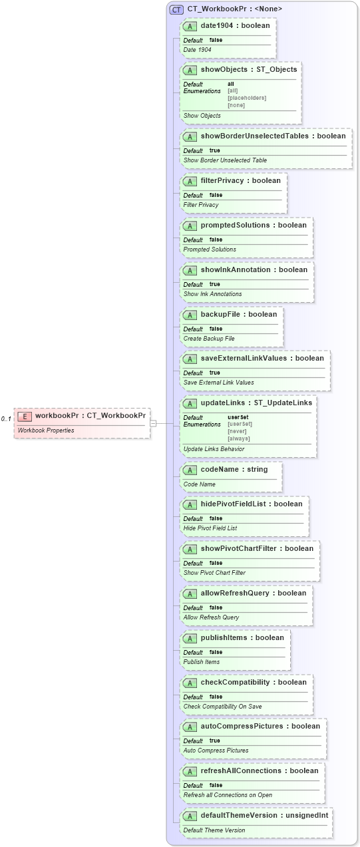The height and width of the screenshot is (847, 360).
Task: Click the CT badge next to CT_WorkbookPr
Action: coord(176,9)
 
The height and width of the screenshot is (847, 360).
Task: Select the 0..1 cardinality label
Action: coord(6,419)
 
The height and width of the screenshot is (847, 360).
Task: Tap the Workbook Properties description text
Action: coord(46,430)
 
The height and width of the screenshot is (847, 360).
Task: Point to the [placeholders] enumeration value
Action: coord(246,98)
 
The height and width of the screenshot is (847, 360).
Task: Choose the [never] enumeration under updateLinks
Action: coord(237,431)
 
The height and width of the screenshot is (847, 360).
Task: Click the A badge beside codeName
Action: coord(190,470)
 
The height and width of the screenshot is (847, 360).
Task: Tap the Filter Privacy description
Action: coord(201,205)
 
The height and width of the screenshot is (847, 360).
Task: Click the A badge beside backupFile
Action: coord(190,314)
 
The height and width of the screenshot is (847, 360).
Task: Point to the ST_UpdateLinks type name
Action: coord(283,403)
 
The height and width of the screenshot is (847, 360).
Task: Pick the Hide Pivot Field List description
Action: coord(210,528)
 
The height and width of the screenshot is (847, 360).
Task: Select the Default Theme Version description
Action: coord(214,830)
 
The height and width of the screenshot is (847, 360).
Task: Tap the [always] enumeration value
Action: coord(239,438)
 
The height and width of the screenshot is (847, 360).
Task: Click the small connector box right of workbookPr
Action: coord(153,423)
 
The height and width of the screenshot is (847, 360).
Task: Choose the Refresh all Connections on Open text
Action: coord(228,795)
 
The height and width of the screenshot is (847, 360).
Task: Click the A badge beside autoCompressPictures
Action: coord(190,726)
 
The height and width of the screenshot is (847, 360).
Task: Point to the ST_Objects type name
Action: coord(275,69)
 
